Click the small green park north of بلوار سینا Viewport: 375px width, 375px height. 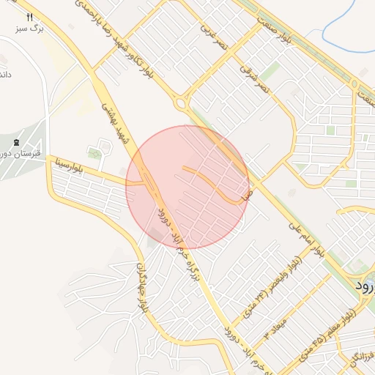point(94,154)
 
